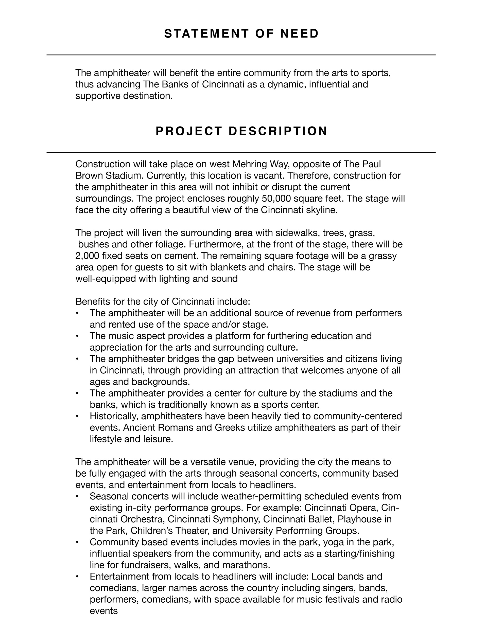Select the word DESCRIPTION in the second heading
coord(278,131)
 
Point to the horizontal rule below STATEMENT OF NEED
coord(241,55)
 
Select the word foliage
coord(169,244)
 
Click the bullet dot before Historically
coord(77,416)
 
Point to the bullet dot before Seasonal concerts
coord(77,496)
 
